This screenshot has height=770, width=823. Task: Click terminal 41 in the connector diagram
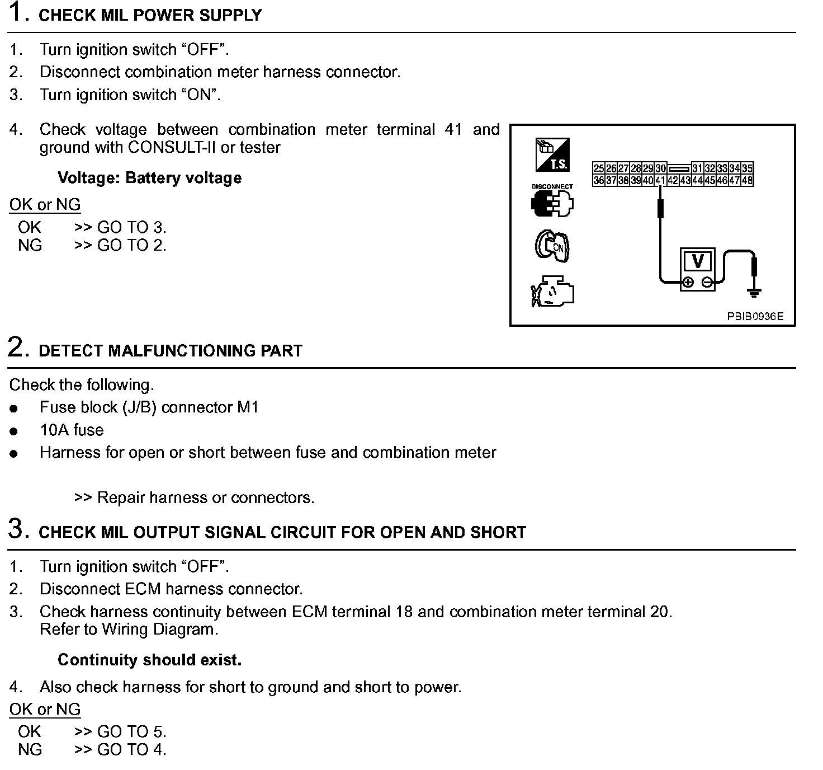pos(660,180)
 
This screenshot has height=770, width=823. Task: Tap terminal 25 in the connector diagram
pos(598,168)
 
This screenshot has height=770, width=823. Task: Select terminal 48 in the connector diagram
pos(747,180)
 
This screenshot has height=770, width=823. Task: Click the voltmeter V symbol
pos(698,261)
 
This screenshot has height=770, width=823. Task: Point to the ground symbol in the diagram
pos(754,292)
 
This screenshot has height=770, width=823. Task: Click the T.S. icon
pos(552,155)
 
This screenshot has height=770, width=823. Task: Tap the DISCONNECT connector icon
pos(552,204)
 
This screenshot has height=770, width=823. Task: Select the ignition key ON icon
pos(552,246)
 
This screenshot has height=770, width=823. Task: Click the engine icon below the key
pos(552,292)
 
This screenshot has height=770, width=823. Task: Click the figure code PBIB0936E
pos(755,317)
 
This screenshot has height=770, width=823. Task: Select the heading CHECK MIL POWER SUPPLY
pos(150,16)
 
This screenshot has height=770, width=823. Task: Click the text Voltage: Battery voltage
pos(150,178)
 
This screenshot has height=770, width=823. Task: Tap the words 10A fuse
pos(72,430)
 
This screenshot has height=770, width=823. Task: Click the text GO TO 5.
pos(132,731)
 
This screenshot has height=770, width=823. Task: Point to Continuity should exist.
pos(150,660)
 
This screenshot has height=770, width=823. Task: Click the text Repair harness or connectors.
pos(206,497)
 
